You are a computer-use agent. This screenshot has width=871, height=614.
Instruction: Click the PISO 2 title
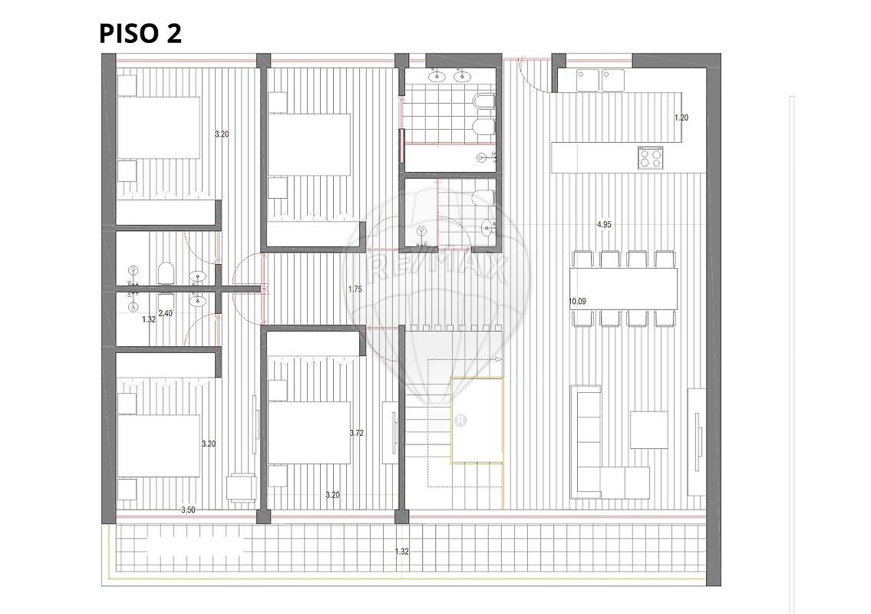point(140,33)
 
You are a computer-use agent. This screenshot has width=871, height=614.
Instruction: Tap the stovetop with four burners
point(651,157)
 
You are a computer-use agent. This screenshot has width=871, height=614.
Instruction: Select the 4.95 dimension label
point(604,224)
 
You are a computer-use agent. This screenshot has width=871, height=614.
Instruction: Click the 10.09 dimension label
point(577,301)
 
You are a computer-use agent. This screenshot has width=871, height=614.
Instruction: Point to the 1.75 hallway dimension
point(355,289)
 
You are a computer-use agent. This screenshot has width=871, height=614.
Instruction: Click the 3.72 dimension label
point(357,433)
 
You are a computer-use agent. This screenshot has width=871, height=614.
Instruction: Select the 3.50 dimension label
point(188,510)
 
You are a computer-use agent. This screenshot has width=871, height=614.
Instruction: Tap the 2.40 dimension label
point(166,313)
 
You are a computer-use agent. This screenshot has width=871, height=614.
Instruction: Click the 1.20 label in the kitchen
point(681,117)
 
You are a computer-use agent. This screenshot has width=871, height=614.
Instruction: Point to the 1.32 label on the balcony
point(401,552)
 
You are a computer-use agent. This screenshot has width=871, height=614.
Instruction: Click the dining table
point(623,289)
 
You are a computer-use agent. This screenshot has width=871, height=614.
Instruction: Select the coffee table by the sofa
point(648,430)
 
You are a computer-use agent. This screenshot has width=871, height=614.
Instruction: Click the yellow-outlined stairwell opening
point(477,420)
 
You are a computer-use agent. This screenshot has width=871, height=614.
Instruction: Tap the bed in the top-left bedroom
point(159,128)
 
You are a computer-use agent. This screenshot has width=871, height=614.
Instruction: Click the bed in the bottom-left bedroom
point(159,446)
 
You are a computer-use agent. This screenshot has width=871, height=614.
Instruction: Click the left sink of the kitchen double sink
point(587,80)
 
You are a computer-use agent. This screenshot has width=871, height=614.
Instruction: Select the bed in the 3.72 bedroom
point(309,433)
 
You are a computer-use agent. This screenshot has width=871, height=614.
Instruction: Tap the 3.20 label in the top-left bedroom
point(222,134)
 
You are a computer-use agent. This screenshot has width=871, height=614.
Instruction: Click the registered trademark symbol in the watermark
point(460,420)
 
